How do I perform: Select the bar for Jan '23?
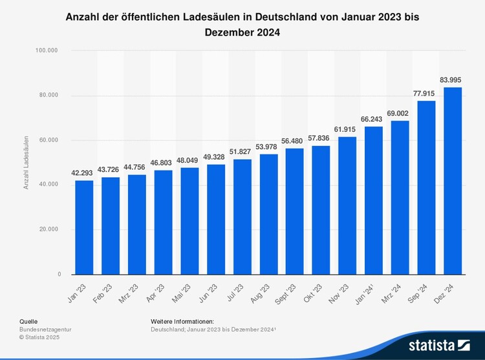pyautogui.click(x=84, y=227)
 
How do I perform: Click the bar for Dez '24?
pyautogui.click(x=452, y=180)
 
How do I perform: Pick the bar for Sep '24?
pyautogui.click(x=426, y=187)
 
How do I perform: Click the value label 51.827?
pyautogui.click(x=242, y=151)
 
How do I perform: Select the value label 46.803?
pyautogui.click(x=163, y=162)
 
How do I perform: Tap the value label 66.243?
pyautogui.click(x=373, y=119)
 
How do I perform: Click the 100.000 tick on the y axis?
pyautogui.click(x=48, y=50)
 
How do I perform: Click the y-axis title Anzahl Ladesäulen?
pyautogui.click(x=27, y=162)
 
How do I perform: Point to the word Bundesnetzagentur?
pyautogui.click(x=47, y=329)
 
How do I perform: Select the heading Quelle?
pyautogui.click(x=28, y=321)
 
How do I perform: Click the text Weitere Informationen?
pyautogui.click(x=182, y=321)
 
